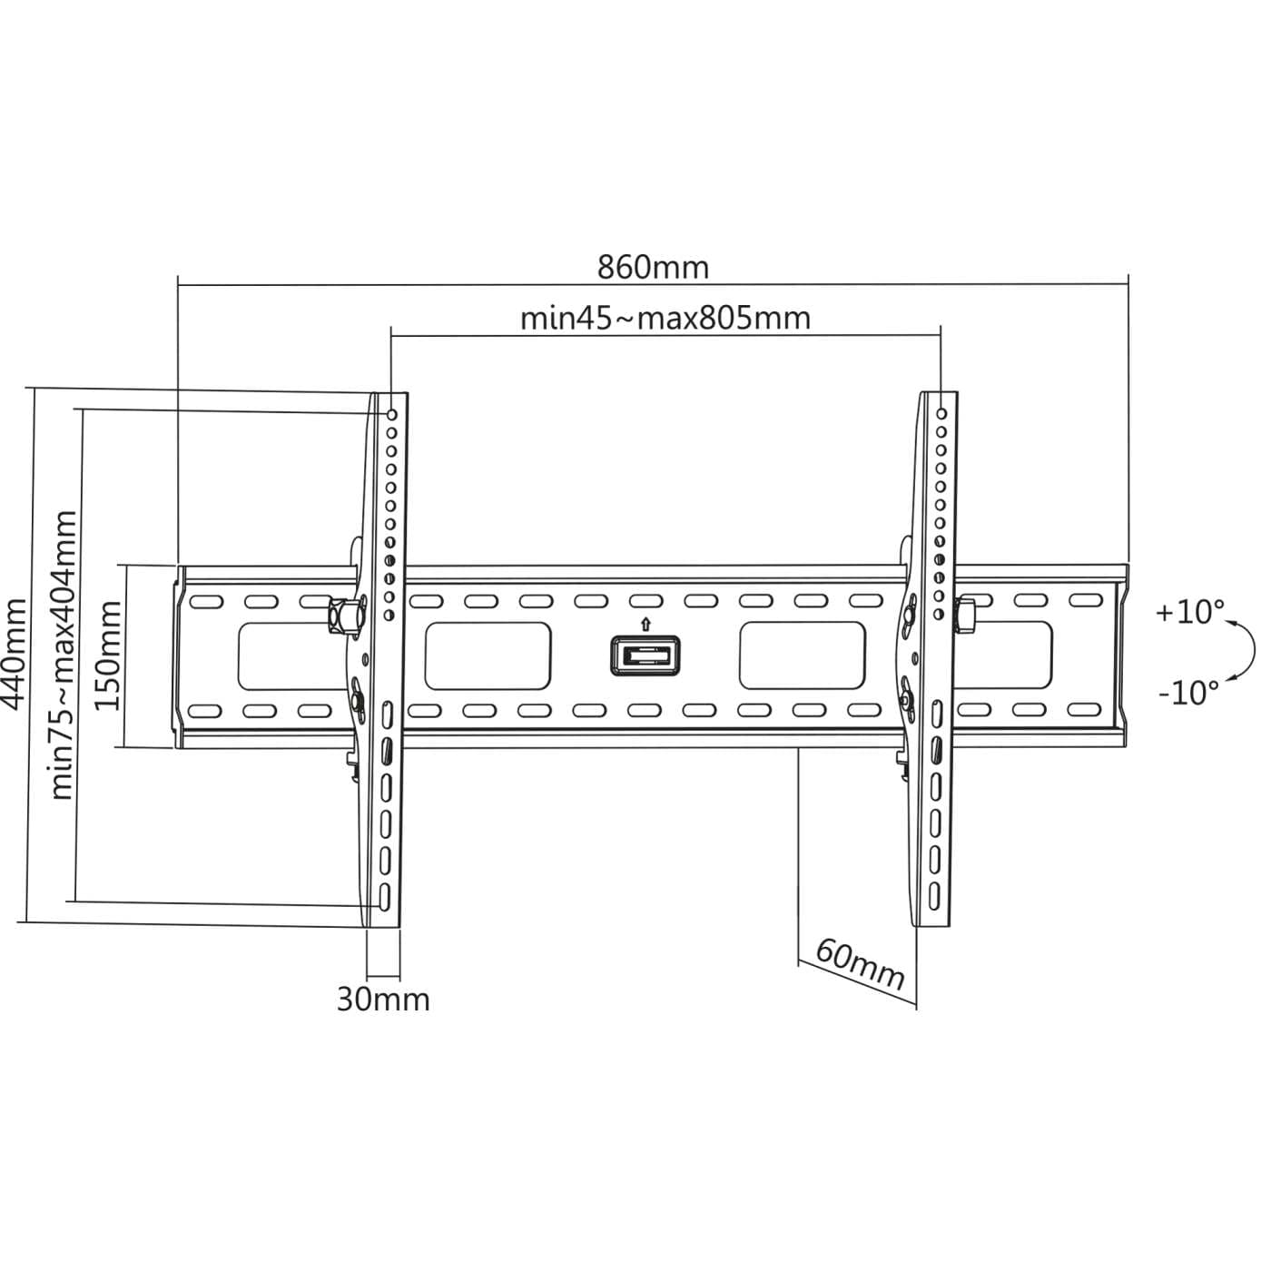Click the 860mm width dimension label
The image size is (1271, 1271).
point(653,268)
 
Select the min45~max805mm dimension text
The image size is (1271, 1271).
point(665,319)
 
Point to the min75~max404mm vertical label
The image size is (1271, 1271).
point(63,654)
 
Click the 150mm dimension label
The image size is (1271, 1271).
point(108,655)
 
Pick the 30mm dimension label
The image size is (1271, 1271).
point(383,1000)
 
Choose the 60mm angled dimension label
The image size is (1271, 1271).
point(859,965)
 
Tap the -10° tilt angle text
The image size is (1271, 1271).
point(1188,693)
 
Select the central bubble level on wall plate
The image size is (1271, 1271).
point(645,655)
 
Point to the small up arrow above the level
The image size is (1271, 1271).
point(645,624)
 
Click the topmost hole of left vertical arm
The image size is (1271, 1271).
point(392,414)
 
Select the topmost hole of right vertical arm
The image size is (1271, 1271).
point(941,414)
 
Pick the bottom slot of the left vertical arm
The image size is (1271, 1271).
point(385,896)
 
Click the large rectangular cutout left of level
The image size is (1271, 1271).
point(488,655)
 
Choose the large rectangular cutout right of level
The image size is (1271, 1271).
point(802,655)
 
